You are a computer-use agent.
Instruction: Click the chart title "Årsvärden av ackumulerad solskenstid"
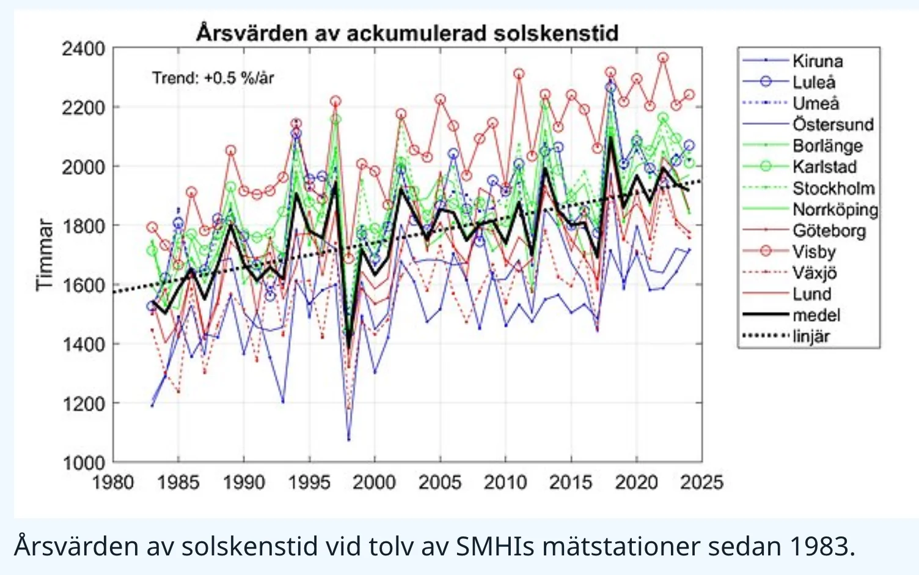click(407, 32)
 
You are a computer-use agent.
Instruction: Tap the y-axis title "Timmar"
click(44, 254)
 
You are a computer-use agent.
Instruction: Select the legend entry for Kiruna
click(817, 61)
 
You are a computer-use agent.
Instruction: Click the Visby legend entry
click(813, 251)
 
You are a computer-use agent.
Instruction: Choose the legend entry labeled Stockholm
click(833, 188)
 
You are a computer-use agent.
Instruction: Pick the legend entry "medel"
click(816, 315)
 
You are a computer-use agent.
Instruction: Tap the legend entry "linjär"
click(811, 336)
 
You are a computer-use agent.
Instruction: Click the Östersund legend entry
click(832, 124)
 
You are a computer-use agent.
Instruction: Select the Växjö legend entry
click(814, 273)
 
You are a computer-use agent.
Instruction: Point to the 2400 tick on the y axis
click(83, 49)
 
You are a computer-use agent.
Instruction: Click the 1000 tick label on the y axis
click(83, 463)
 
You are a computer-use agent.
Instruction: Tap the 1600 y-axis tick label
click(83, 285)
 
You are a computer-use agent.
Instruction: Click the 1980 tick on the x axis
click(113, 483)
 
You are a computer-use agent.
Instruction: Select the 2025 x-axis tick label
click(701, 483)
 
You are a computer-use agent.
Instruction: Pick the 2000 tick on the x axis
click(375, 483)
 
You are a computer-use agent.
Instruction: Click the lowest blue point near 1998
click(349, 439)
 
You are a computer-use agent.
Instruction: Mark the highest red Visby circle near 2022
click(663, 58)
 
